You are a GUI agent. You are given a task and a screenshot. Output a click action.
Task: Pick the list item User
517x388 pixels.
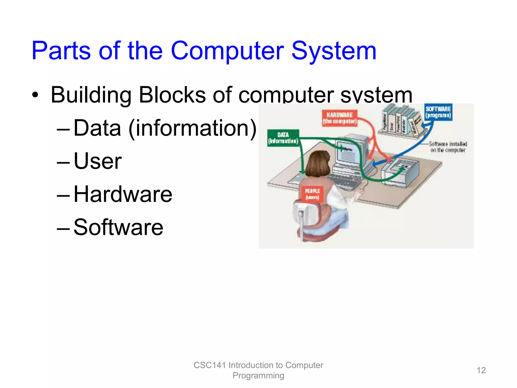97,161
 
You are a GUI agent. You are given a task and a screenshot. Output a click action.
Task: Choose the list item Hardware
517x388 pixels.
123,194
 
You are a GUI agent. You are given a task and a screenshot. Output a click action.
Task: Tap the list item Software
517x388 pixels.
118,227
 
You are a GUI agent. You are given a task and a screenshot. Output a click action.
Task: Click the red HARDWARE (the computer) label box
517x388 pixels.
340,118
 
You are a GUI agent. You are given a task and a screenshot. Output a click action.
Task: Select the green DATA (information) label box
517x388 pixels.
283,138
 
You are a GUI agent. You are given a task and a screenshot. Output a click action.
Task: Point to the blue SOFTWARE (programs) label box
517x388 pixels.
438,112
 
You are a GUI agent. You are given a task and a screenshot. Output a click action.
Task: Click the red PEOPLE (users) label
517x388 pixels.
312,194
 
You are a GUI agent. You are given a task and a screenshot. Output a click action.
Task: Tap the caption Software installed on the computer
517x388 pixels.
448,147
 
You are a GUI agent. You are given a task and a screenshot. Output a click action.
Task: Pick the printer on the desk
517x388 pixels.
400,172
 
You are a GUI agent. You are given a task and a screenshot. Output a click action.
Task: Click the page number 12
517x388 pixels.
481,370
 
